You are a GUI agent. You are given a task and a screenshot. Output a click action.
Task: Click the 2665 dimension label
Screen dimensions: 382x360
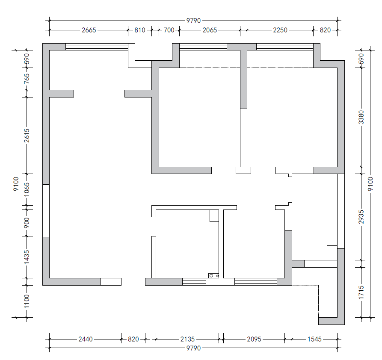click(89, 30)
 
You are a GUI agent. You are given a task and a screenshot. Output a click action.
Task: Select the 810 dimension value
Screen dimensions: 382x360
click(140, 30)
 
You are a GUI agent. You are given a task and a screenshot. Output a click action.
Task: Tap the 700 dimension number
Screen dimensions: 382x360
click(169, 30)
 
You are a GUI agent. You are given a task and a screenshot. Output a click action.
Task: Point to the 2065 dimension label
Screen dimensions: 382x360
click(210, 30)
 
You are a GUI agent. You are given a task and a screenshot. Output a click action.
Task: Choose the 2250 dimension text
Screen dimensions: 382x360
click(280, 30)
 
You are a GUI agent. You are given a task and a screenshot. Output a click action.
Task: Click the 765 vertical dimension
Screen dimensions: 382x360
click(27, 79)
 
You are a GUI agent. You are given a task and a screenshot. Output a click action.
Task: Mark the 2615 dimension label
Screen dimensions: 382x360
click(27, 136)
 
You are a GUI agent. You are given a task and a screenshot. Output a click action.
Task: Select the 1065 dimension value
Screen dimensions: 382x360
click(27, 189)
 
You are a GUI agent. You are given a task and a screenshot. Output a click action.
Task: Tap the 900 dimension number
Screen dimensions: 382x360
click(27, 223)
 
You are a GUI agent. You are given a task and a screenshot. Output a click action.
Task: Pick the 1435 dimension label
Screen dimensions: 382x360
click(27, 257)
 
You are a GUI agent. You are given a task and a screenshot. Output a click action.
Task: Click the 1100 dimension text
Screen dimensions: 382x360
click(27, 301)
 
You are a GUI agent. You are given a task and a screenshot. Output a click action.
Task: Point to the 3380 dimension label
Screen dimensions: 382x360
click(361, 117)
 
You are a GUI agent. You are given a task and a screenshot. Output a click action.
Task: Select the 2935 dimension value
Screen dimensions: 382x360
click(361, 217)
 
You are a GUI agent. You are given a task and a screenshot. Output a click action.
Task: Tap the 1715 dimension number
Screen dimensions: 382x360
click(361, 292)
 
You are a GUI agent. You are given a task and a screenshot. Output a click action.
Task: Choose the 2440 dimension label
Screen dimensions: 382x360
click(86, 339)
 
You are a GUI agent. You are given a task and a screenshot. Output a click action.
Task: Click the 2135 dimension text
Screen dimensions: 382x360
click(187, 339)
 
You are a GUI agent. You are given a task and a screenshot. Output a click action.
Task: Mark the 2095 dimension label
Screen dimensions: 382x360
click(254, 339)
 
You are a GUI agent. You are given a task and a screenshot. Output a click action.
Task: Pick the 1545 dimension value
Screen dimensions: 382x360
click(314, 339)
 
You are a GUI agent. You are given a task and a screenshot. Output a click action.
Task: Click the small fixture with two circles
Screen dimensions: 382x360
click(213, 276)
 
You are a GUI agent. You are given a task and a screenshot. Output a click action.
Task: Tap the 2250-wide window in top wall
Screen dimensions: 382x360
click(285, 47)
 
